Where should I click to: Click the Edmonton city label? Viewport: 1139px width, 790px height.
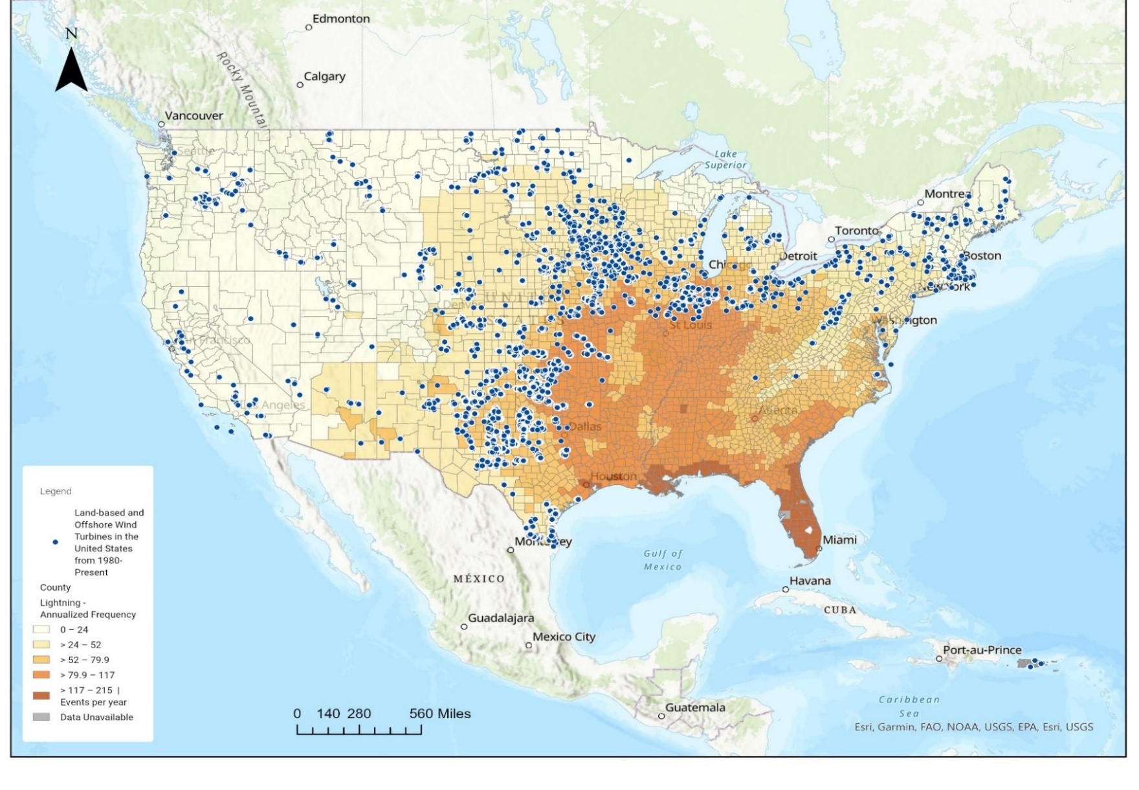click(x=341, y=19)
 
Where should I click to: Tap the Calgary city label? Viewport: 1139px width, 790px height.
click(x=324, y=76)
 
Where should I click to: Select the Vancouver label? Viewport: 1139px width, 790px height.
click(x=194, y=116)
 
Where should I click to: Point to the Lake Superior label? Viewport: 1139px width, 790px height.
click(x=725, y=159)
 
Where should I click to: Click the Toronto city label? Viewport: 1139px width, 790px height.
click(x=856, y=231)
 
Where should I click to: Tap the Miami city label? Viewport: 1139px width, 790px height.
click(x=839, y=539)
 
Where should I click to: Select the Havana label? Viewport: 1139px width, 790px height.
click(x=810, y=581)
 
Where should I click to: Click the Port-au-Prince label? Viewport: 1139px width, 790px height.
click(x=982, y=649)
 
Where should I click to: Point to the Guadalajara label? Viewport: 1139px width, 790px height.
click(x=501, y=618)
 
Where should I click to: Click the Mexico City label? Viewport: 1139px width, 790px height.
click(x=564, y=637)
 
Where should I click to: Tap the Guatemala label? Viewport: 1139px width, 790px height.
click(x=695, y=707)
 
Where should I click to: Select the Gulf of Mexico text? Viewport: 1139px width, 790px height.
click(x=663, y=560)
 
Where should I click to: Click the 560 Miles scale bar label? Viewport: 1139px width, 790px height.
click(x=440, y=714)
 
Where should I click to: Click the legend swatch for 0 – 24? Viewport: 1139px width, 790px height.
click(x=41, y=629)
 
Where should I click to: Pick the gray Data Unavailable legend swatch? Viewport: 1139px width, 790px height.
click(x=41, y=717)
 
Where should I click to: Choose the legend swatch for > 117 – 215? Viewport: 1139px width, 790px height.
click(x=41, y=695)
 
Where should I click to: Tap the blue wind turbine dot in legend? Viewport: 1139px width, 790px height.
click(x=56, y=542)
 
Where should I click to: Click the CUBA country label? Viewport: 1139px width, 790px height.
click(x=840, y=610)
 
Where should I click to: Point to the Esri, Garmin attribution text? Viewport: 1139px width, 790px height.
click(x=973, y=727)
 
